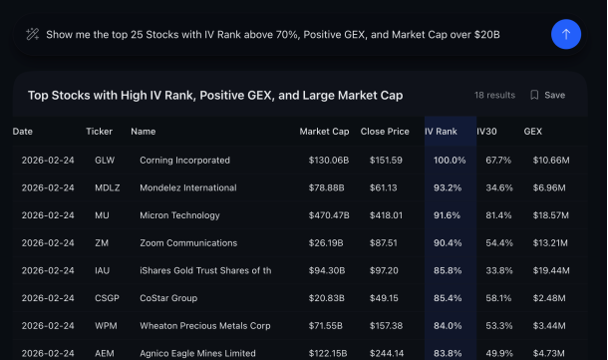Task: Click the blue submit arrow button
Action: (x=566, y=34)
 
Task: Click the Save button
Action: (x=547, y=95)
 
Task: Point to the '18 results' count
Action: (x=494, y=95)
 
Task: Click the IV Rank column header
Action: (x=441, y=131)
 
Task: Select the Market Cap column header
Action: (x=324, y=131)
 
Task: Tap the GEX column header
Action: (x=533, y=131)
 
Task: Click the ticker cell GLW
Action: (x=105, y=160)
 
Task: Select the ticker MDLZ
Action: (x=108, y=187)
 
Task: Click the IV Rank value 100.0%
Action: (x=450, y=160)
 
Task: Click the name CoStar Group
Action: (x=166, y=298)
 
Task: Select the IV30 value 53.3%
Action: (x=498, y=325)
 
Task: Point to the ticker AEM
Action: (x=106, y=352)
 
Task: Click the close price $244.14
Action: (x=384, y=352)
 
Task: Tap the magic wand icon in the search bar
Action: (x=32, y=34)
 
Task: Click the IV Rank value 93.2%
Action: (x=450, y=187)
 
